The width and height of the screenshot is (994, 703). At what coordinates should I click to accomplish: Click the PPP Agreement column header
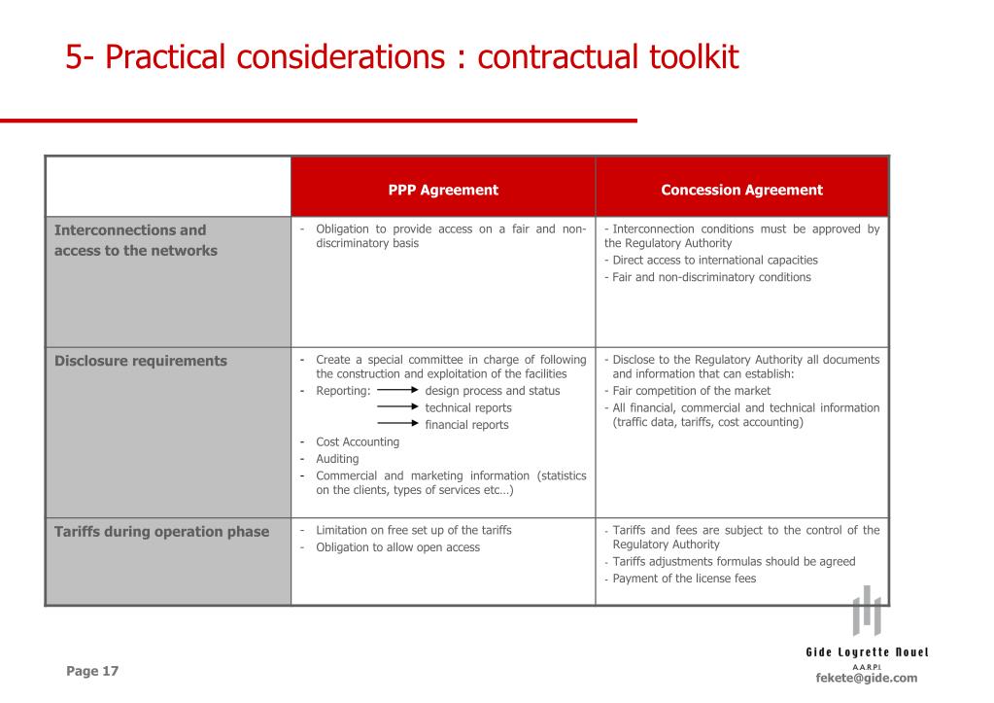point(443,191)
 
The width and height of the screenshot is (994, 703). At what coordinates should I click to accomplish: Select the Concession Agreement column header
point(741,191)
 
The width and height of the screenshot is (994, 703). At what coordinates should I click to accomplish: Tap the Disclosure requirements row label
point(141,361)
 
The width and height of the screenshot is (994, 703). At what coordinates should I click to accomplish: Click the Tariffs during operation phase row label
point(161,531)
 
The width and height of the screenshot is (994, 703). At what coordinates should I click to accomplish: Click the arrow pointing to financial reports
point(397,424)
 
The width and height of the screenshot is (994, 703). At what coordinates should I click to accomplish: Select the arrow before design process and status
point(397,391)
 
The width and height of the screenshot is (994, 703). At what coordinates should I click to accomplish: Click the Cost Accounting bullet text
point(358,441)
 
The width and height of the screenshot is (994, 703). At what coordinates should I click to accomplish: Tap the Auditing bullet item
point(337,458)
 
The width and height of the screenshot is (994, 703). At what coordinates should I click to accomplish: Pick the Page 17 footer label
point(92,671)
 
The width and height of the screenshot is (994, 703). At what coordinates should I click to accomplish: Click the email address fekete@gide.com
point(867,678)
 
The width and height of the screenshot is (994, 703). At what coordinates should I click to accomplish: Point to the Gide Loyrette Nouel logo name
point(867,651)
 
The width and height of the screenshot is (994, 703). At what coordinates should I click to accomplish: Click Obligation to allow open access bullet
point(397,547)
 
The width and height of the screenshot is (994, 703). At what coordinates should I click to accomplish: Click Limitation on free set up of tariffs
point(413,530)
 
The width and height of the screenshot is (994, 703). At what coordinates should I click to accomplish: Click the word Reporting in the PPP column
point(342,391)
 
